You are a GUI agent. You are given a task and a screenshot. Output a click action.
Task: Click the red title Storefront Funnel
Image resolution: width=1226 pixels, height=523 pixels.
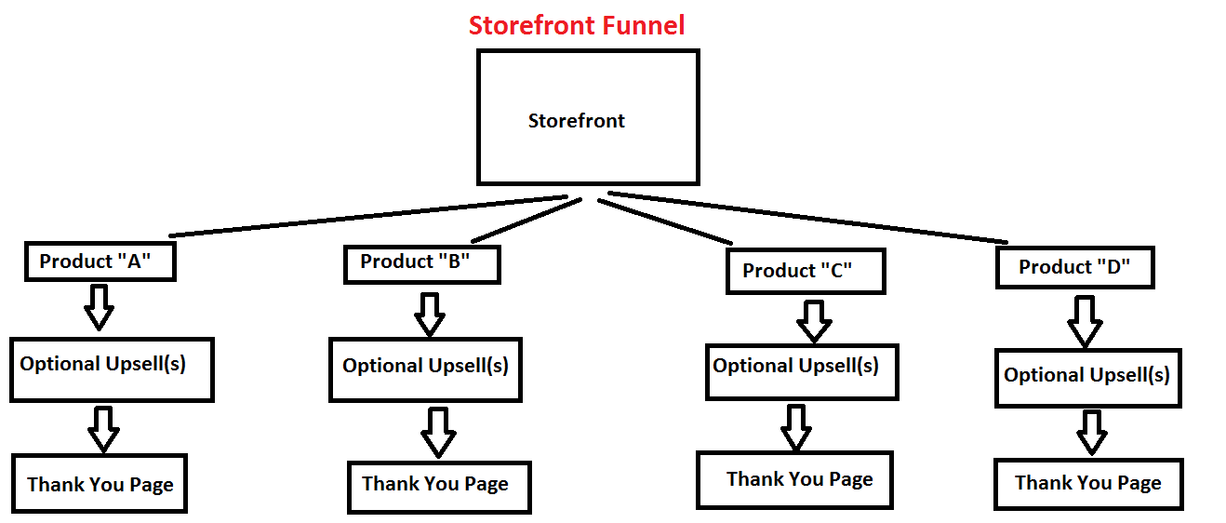577,25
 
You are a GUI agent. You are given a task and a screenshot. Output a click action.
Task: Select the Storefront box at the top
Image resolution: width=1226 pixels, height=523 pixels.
587,117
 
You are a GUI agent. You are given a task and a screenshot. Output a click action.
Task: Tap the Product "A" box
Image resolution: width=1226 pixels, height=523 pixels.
100,261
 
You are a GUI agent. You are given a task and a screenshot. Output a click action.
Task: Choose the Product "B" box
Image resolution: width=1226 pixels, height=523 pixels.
421,263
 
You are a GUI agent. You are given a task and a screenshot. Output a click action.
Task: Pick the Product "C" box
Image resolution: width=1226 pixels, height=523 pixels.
805,272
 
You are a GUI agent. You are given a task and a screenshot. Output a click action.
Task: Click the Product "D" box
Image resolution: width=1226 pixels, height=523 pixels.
1074,267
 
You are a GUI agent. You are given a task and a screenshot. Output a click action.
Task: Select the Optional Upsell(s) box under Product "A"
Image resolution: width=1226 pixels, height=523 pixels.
112,369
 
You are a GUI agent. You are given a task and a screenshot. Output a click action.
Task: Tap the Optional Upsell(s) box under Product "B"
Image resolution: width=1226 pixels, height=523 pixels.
425,369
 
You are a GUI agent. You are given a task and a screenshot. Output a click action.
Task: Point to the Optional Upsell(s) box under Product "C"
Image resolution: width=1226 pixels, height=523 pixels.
802,371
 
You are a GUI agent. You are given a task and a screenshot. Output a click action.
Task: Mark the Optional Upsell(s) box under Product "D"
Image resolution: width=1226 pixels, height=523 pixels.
1087,377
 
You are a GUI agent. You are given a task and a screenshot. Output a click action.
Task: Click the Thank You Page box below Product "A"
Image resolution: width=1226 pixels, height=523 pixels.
100,483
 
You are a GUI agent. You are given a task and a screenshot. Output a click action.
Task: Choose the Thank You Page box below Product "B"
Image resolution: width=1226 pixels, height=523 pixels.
439,486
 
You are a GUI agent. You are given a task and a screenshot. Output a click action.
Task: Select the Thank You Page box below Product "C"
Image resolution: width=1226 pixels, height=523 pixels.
794,480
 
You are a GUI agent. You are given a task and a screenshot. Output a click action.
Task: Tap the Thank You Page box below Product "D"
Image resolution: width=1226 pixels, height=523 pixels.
1088,484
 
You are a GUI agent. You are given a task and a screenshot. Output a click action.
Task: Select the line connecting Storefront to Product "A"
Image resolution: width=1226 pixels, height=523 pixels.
367,215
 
